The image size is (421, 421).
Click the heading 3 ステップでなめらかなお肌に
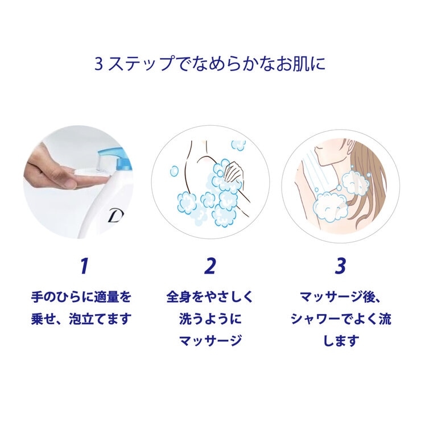pyautogui.click(x=210, y=63)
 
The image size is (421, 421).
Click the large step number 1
pyautogui.click(x=84, y=265)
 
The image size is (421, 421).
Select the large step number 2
pyautogui.click(x=210, y=265)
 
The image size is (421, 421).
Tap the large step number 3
pyautogui.click(x=340, y=265)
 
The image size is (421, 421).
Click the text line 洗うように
pyautogui.click(x=210, y=319)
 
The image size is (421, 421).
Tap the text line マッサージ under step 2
pyautogui.click(x=210, y=341)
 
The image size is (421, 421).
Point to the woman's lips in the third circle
pyautogui.click(x=321, y=148)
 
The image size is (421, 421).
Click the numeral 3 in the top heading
pyautogui.click(x=98, y=63)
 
